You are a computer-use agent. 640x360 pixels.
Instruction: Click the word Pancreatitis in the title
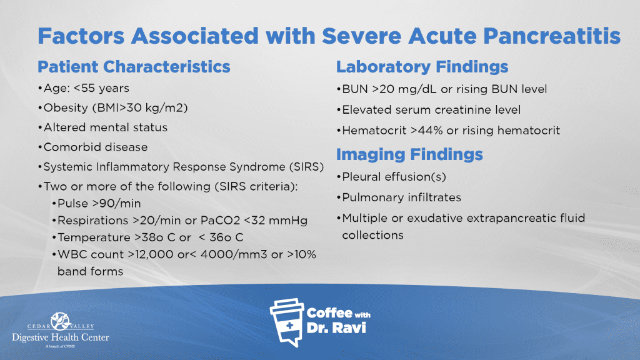pos(552,36)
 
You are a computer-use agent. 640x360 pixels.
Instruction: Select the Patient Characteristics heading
pos(134,66)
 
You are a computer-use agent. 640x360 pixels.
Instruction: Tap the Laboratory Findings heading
pos(422,66)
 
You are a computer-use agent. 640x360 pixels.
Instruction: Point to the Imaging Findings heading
pos(409,154)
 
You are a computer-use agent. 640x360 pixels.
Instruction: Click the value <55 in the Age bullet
pos(84,88)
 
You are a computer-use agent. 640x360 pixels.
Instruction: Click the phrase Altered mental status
pos(105,127)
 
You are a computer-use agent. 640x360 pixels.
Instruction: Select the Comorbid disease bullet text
pos(96,147)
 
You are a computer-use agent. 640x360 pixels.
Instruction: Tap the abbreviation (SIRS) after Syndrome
pos(306,167)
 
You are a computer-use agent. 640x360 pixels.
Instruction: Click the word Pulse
pos(72,203)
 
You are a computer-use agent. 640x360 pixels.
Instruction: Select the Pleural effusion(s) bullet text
pos(394,177)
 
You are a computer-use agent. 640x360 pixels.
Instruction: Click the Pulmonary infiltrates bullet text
pos(402,197)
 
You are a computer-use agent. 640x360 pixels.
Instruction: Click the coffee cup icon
pos(287,322)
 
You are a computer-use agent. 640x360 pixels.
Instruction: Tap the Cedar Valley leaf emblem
pos(61,321)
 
